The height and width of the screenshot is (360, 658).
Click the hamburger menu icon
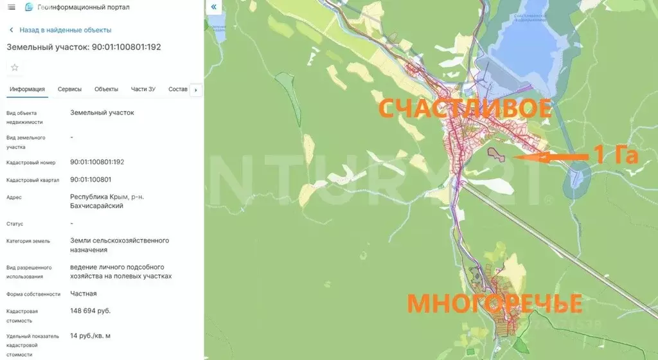(12, 7)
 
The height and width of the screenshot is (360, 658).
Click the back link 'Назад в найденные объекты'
(65, 30)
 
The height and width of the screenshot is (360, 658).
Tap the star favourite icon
(15, 67)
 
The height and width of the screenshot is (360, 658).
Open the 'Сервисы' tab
(69, 89)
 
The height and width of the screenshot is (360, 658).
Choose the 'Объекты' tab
(106, 89)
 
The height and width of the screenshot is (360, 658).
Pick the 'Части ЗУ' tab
(143, 89)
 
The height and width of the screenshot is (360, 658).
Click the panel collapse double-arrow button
(214, 7)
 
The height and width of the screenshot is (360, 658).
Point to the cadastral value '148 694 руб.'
(91, 311)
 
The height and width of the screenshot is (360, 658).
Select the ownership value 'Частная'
(84, 294)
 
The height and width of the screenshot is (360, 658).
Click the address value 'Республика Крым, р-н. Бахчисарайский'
(107, 201)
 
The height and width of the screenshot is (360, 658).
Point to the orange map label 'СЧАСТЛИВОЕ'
(464, 108)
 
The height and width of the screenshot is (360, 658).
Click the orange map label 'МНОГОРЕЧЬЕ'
(495, 303)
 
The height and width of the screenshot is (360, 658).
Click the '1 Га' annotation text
(615, 155)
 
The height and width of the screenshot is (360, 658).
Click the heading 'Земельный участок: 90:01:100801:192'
(84, 47)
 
